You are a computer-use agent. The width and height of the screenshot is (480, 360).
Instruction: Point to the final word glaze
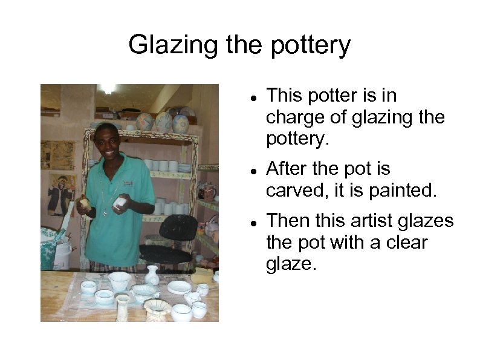pyautogui.click(x=291, y=264)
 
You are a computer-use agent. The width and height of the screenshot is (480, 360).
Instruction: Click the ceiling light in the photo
pyautogui.click(x=108, y=89)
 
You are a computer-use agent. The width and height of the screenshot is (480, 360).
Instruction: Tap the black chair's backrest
pyautogui.click(x=179, y=228)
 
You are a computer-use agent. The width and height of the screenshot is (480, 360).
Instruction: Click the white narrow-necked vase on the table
pyautogui.click(x=152, y=275)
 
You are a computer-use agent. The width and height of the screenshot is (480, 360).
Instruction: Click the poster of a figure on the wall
pyautogui.click(x=60, y=194)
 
